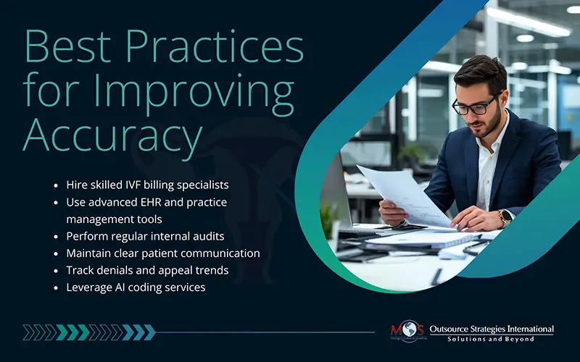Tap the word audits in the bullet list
click(x=206, y=236)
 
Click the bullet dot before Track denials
click(x=57, y=271)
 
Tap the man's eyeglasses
click(x=474, y=104)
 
